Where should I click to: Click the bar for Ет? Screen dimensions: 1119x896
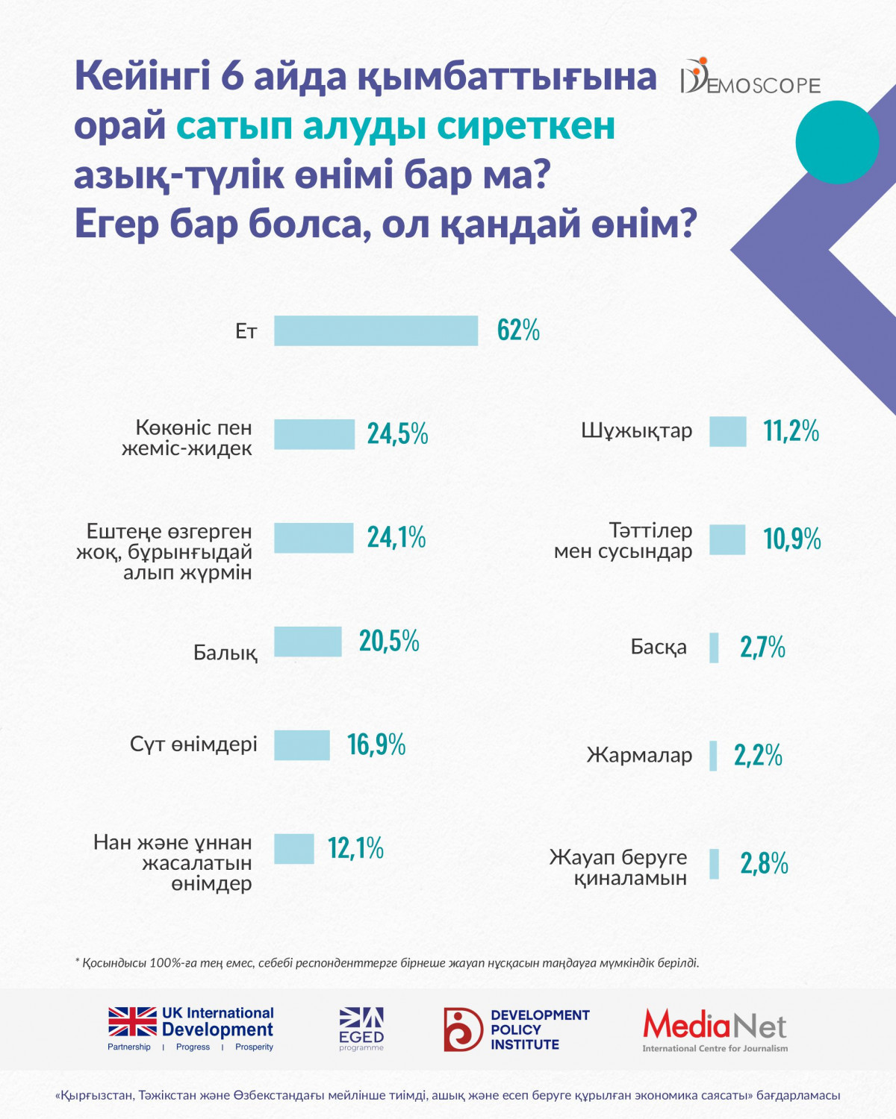pos(376,330)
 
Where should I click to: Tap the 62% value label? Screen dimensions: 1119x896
pos(518,330)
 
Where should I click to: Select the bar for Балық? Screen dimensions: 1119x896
pos(308,642)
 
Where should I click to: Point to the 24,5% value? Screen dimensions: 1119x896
pos(397,433)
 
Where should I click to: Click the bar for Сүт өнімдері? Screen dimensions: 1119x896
pos(302,745)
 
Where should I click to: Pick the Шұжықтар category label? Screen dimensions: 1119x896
pos(636,431)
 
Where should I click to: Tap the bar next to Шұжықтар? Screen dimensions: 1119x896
pos(727,431)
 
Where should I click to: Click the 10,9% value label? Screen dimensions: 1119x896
pos(791,539)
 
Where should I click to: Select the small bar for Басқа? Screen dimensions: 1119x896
pos(714,648)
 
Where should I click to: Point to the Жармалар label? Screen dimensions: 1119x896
pos(639,755)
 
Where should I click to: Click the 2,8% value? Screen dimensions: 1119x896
pos(764,864)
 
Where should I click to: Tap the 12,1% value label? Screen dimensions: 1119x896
pos(355,848)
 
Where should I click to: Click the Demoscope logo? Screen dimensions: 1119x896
pos(750,78)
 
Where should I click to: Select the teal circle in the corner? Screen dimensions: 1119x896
pos(837,142)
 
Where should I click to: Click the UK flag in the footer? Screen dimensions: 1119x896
pos(132,1021)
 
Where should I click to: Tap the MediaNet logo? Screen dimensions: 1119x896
pos(715,1029)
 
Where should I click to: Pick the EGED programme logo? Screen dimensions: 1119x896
pos(361,1029)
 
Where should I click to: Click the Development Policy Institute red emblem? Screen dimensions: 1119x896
pos(463,1029)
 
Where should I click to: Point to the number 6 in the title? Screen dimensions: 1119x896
pos(231,76)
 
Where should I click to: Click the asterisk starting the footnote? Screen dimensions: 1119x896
pos(77,961)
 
